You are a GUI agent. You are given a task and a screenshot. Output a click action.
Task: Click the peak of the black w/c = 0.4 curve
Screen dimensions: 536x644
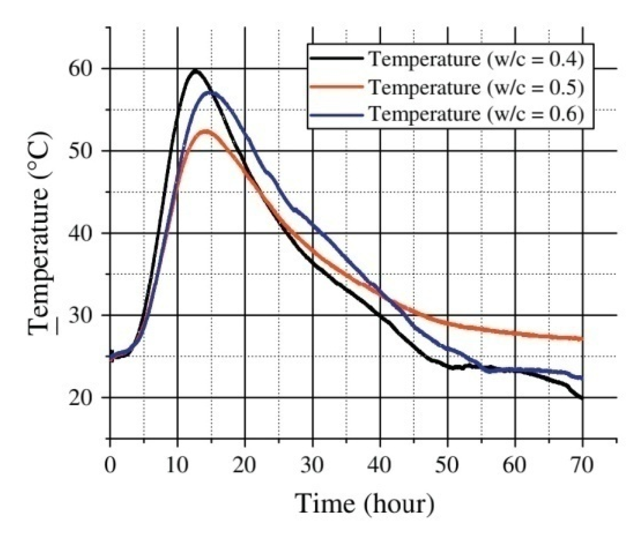[x=195, y=70]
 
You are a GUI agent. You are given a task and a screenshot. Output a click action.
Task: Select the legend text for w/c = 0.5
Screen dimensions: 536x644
[x=476, y=87]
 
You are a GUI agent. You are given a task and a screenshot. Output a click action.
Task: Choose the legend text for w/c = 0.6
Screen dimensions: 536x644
[x=476, y=114]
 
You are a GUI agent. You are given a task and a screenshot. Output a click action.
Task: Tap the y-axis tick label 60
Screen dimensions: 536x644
[x=82, y=69]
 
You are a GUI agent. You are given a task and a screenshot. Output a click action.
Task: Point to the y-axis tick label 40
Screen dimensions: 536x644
[x=82, y=233]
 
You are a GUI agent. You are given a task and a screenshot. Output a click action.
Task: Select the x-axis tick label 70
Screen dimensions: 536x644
[x=583, y=465]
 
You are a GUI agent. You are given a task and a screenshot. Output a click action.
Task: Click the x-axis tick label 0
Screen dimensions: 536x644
[x=110, y=465]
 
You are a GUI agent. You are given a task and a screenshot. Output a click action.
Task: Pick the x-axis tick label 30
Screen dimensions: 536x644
[x=312, y=465]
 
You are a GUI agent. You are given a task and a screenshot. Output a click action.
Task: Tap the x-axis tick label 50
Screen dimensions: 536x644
[x=448, y=465]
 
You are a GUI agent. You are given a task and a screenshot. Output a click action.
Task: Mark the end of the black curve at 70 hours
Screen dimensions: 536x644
[x=582, y=398]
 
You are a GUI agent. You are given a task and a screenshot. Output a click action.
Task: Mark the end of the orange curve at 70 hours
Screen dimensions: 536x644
[x=582, y=339]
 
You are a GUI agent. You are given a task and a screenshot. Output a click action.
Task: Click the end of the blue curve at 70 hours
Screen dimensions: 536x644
[x=582, y=378]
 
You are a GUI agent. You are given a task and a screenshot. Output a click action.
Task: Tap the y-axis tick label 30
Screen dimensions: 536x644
[x=82, y=315]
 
